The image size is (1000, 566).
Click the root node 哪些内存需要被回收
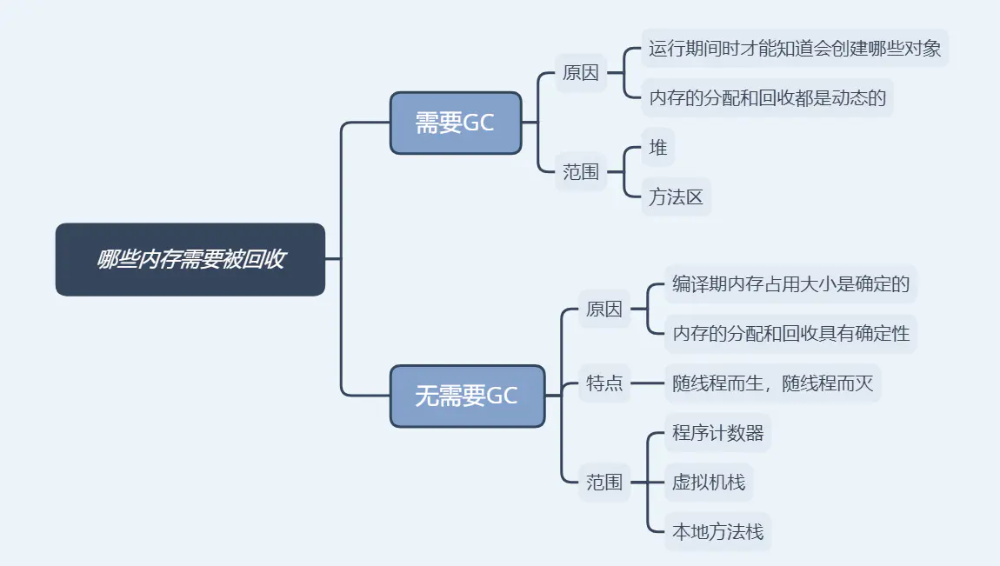(190, 259)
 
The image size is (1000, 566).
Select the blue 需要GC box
(455, 123)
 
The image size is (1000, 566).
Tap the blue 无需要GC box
(467, 396)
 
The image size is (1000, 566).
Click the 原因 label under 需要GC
(581, 73)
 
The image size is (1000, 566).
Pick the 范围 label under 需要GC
(581, 172)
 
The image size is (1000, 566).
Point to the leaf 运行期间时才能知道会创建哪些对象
(795, 49)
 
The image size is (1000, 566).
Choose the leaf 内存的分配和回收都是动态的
(767, 97)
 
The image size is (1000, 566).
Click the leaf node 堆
(658, 148)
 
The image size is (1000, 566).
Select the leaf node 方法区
(676, 197)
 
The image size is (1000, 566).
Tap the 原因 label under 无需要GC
(604, 309)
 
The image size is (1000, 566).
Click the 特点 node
(604, 383)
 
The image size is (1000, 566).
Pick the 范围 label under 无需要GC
(604, 482)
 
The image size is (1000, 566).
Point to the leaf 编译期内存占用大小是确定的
(790, 283)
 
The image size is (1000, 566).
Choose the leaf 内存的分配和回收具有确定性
(790, 333)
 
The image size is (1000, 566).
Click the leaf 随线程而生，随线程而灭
(772, 383)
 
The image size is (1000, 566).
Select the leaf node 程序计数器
(717, 433)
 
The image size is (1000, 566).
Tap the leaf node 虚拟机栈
(709, 482)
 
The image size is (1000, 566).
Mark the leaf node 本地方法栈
(717, 531)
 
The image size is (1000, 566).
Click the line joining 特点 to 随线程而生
(647, 383)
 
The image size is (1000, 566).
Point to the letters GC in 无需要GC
(502, 396)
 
